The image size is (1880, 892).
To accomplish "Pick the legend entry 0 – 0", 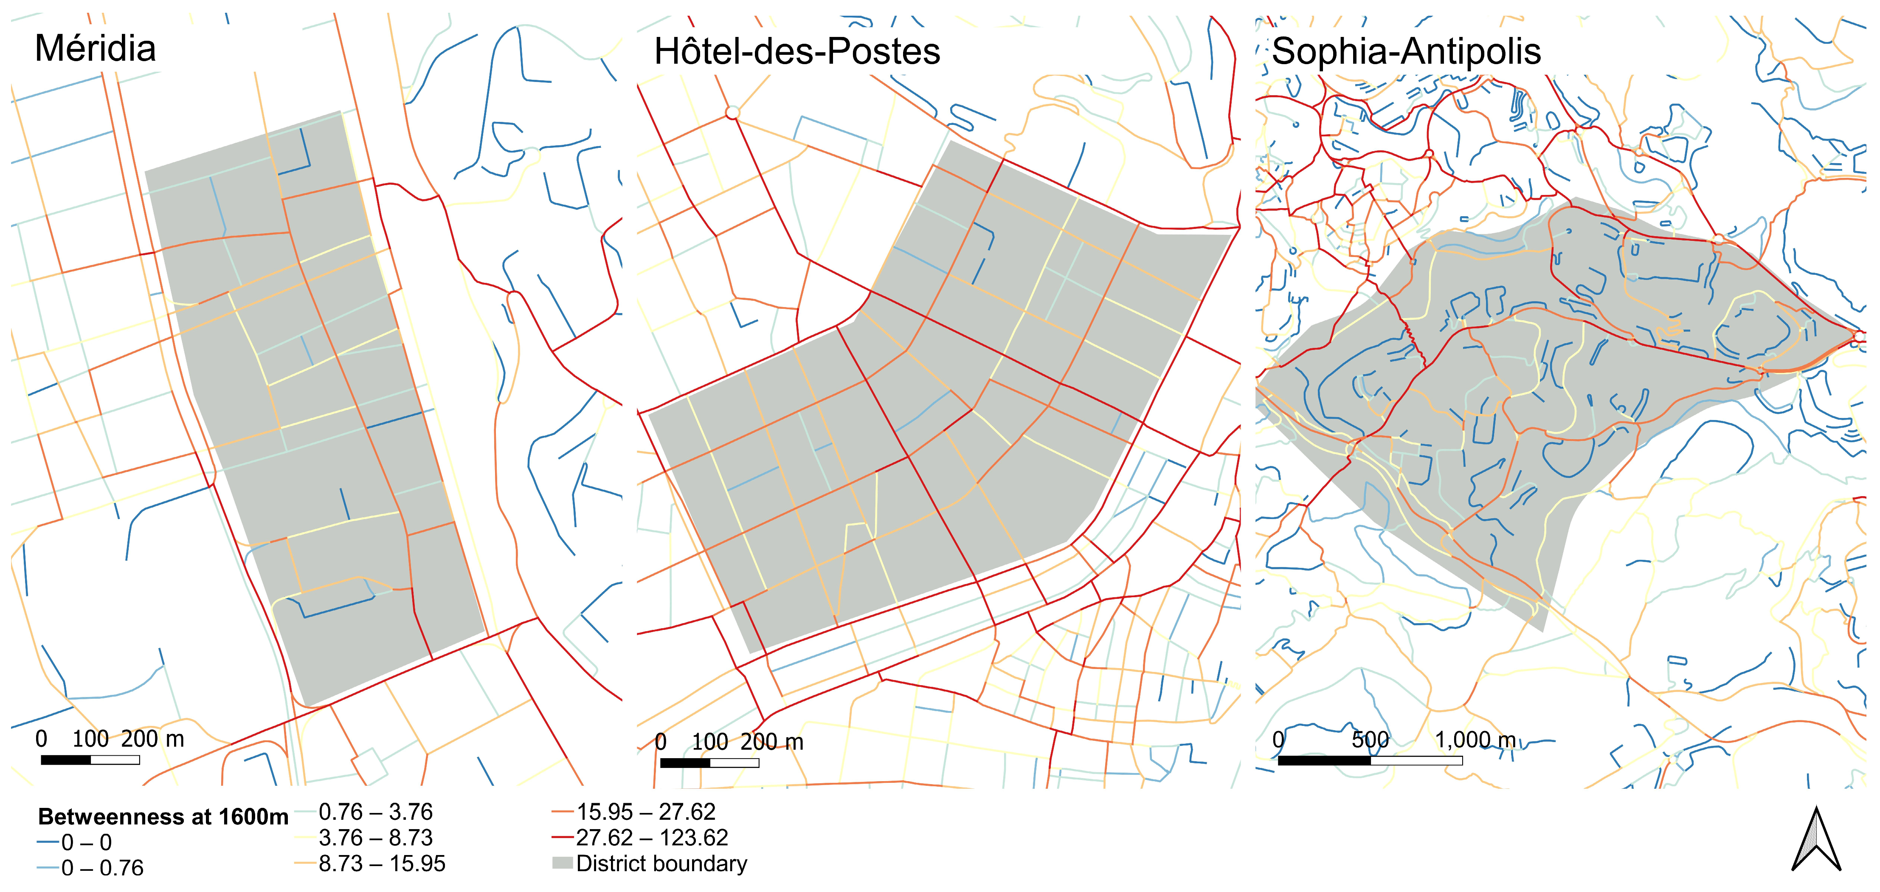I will point(86,842).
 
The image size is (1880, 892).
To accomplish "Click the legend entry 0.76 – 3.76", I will point(375,812).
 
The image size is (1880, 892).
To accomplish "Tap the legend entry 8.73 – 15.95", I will point(381,864).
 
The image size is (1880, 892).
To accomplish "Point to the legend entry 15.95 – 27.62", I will point(645,812).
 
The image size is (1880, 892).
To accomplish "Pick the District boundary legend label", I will point(661,864).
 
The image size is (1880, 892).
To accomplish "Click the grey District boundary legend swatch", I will point(562,864).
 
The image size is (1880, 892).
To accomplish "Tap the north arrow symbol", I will point(1816,841).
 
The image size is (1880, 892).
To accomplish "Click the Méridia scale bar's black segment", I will point(66,760).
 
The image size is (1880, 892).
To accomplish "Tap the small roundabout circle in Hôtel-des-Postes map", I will point(733,113).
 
